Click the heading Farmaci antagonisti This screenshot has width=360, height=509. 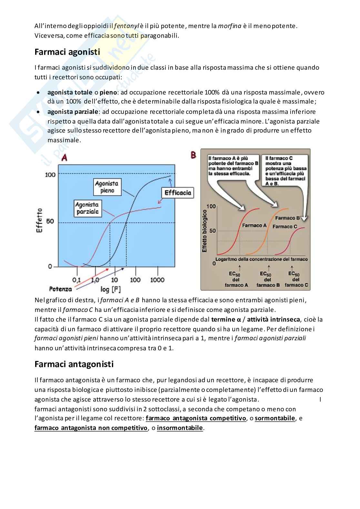tap(74, 364)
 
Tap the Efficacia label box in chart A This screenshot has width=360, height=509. tap(177, 193)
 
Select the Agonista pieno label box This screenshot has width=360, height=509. tap(106, 187)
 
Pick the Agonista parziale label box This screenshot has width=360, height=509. tap(87, 208)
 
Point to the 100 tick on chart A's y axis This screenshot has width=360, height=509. tap(50, 175)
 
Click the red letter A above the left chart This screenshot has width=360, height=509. tap(65, 157)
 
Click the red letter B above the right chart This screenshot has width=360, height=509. tap(193, 155)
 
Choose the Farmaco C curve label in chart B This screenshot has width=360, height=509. tap(285, 226)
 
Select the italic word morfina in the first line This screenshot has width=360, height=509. tap(230, 26)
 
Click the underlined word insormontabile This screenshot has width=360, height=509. tap(180, 428)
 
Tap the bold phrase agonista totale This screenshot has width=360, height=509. tap(70, 93)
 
